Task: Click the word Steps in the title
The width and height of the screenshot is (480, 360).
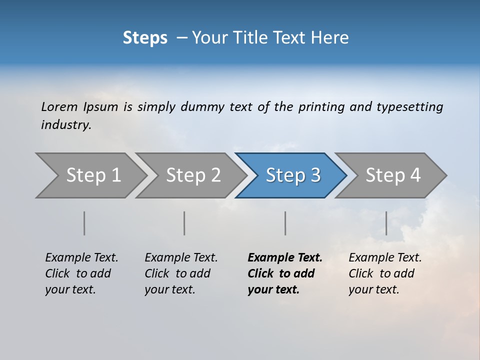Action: [145, 38]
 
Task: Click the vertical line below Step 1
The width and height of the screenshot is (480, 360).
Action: [84, 223]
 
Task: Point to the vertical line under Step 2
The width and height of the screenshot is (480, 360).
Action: [184, 223]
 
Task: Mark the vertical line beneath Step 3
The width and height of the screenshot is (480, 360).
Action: [285, 223]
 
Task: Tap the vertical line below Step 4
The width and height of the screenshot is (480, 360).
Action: [386, 223]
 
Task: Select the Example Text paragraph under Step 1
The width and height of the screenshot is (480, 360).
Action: [81, 273]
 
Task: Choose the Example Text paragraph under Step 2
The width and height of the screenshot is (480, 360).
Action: [180, 273]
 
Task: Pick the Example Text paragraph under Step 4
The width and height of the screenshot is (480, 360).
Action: [384, 273]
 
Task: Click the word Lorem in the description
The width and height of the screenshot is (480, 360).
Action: [59, 107]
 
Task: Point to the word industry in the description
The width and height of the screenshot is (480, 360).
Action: [65, 125]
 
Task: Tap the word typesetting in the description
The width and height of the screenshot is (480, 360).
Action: [409, 107]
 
